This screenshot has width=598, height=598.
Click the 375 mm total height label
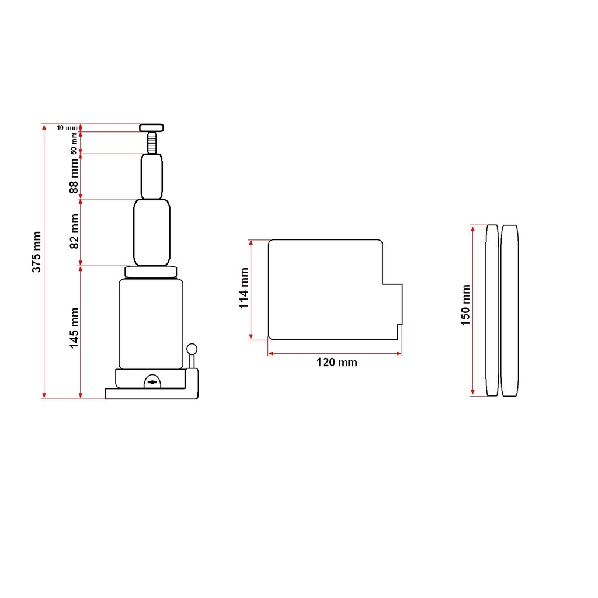(x=36, y=252)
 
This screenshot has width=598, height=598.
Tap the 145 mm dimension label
(x=74, y=328)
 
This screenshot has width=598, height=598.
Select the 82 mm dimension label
(x=74, y=231)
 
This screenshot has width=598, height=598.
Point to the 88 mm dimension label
(x=74, y=176)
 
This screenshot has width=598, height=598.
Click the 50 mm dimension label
(x=74, y=144)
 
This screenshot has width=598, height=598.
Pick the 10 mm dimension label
(x=67, y=128)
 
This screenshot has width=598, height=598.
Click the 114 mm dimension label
(x=244, y=288)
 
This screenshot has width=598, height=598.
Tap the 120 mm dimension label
(x=336, y=362)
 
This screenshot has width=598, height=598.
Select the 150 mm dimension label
(x=465, y=305)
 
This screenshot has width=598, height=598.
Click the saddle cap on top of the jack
(x=151, y=128)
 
